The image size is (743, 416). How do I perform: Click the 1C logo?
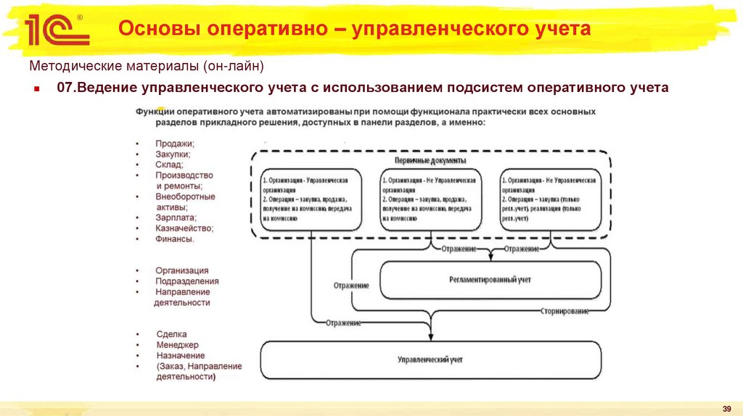pyautogui.click(x=57, y=30)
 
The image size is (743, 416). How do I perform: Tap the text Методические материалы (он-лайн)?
pyautogui.click(x=146, y=66)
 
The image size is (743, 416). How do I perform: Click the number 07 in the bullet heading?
pyautogui.click(x=65, y=88)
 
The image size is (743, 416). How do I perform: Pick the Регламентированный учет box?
pyautogui.click(x=490, y=278)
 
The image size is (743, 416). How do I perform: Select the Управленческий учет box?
pyautogui.click(x=431, y=359)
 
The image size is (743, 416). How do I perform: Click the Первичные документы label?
pyautogui.click(x=430, y=160)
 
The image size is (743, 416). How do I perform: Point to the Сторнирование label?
pyautogui.click(x=565, y=311)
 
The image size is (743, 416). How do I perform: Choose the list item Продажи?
pyautogui.click(x=175, y=143)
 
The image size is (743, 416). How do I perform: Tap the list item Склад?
pyautogui.click(x=169, y=165)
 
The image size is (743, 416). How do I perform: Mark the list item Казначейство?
pyautogui.click(x=184, y=228)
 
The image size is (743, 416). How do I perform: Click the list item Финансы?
pyautogui.click(x=175, y=238)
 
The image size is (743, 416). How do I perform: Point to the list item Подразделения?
pyautogui.click(x=186, y=281)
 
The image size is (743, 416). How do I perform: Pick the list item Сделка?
pyautogui.click(x=172, y=334)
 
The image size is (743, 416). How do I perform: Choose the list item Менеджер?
pyautogui.click(x=177, y=345)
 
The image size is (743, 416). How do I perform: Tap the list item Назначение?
pyautogui.click(x=180, y=356)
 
